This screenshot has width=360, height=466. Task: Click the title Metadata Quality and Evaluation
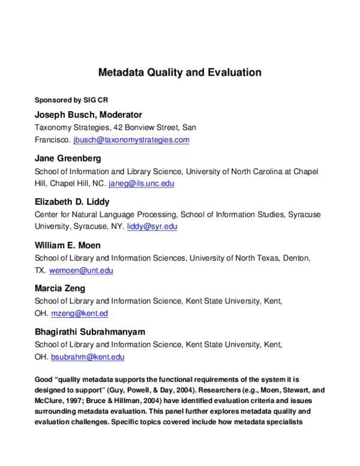point(180,73)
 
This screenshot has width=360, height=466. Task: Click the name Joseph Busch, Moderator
point(88,115)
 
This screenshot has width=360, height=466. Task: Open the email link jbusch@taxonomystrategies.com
point(131,140)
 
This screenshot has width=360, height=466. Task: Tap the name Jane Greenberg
point(68,159)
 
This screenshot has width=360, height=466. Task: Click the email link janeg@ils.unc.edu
point(142,183)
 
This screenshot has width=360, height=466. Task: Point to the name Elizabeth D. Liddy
point(73,202)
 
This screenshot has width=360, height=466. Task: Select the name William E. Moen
point(68,245)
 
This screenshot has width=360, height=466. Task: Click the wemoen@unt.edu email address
point(81,270)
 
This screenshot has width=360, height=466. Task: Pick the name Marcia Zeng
point(60,288)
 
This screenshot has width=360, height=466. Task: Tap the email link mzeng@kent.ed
point(80,313)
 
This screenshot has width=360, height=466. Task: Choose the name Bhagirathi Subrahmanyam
point(90,331)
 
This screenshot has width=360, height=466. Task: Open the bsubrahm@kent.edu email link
point(88,357)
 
